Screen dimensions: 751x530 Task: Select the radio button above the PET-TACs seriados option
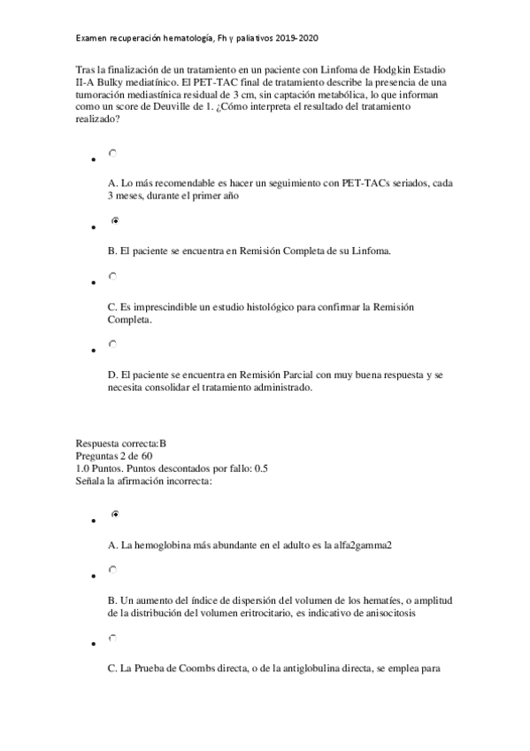point(112,152)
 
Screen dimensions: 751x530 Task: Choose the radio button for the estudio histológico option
point(112,275)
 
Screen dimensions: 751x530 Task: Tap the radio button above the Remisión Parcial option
point(112,343)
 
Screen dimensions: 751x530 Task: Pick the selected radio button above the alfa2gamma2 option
point(113,514)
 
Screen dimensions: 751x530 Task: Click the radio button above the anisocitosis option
point(112,569)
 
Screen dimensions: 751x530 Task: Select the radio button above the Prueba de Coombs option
point(112,637)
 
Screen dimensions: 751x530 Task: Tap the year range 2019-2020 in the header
point(296,40)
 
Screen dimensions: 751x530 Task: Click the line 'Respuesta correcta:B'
point(121,443)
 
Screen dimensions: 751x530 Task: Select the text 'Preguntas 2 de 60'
point(115,455)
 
